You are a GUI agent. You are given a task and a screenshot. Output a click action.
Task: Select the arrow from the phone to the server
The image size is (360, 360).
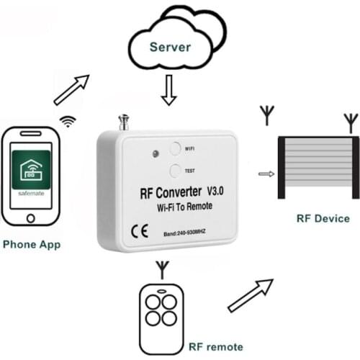click(x=72, y=89)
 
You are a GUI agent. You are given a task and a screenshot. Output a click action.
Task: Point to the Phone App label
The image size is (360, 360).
click(x=32, y=244)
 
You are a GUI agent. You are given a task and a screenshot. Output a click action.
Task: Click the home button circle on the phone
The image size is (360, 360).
click(x=30, y=218)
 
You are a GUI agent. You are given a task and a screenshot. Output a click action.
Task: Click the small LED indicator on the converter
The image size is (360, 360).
click(x=155, y=153)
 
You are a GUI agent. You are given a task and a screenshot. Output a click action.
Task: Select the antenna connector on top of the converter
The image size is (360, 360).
click(x=123, y=122)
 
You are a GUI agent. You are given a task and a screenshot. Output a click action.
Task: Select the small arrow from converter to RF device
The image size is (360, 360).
click(x=266, y=173)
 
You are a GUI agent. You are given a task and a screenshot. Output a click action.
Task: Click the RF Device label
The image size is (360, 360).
click(x=323, y=218)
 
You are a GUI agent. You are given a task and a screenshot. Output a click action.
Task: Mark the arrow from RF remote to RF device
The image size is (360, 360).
click(x=250, y=295)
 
